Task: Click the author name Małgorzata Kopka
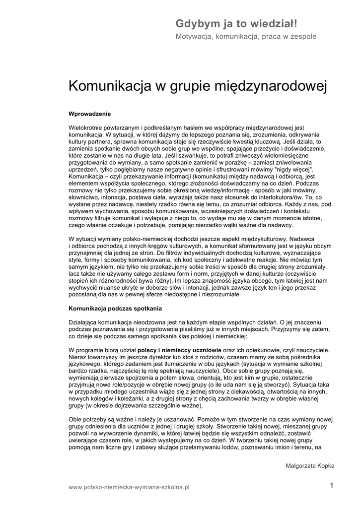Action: (x=310, y=466)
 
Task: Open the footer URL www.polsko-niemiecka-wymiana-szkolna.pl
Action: (x=129, y=488)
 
